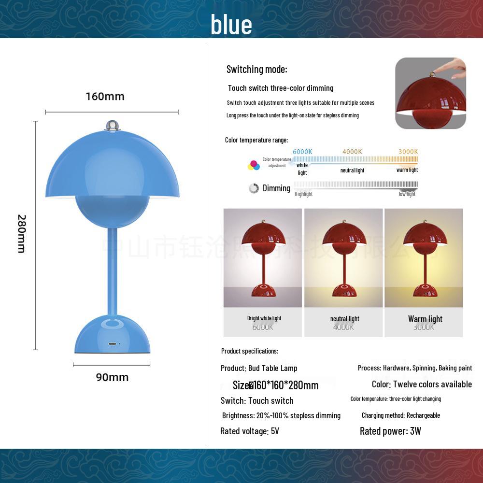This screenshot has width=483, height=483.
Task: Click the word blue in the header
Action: coord(231,25)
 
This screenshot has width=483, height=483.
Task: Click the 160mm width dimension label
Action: coord(105,96)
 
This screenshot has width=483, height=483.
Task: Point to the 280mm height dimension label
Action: coord(21,234)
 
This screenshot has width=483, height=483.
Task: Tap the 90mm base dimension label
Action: coord(112,377)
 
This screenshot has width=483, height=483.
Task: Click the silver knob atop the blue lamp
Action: coord(112,125)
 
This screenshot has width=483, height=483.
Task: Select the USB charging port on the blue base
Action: coord(113,344)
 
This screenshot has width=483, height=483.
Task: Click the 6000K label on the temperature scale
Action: coord(302,152)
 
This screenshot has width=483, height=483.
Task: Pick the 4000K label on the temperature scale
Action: coord(352,152)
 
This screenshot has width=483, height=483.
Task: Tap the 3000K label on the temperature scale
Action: coord(408,152)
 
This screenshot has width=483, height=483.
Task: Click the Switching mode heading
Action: coord(257,69)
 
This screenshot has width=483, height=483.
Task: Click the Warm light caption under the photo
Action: coord(425,319)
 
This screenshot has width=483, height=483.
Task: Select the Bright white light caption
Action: coord(264,318)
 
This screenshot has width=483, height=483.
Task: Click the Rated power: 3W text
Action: coord(390,431)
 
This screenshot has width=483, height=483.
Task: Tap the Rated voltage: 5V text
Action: coord(250,431)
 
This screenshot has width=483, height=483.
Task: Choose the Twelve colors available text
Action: coord(432,384)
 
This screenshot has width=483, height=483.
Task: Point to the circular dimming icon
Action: coord(254,188)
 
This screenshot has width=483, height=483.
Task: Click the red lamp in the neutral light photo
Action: coord(344,256)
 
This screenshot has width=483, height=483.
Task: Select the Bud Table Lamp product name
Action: coord(273,368)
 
